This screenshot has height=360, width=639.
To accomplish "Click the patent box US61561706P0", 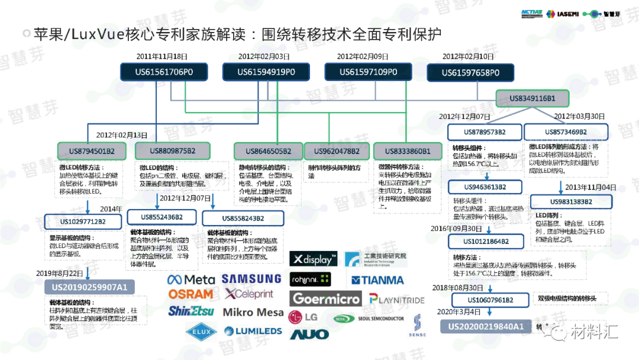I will pyautogui.click(x=165, y=72).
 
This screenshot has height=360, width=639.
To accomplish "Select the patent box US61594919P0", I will pyautogui.click(x=266, y=72).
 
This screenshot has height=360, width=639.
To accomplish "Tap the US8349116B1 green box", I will pyautogui.click(x=532, y=98).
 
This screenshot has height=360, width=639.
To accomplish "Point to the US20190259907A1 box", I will pyautogui.click(x=89, y=287).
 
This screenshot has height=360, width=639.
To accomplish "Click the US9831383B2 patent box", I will pyautogui.click(x=569, y=201).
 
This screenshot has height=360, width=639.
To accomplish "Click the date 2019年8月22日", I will pyautogui.click(x=60, y=274).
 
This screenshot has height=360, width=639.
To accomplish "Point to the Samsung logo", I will pyautogui.click(x=251, y=278).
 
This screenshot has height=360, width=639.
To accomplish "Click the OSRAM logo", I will pyautogui.click(x=191, y=294).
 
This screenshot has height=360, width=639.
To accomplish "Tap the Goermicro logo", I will pyautogui.click(x=326, y=299).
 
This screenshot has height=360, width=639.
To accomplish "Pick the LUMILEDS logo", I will pyautogui.click(x=251, y=331).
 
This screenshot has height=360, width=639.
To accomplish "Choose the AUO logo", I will pyautogui.click(x=309, y=335).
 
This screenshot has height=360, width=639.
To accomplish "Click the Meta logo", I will pyautogui.click(x=191, y=279).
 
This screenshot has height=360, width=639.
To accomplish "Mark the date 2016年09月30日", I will pyautogui.click(x=456, y=228).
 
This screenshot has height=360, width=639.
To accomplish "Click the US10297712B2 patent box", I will pyautogui.click(x=83, y=221).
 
